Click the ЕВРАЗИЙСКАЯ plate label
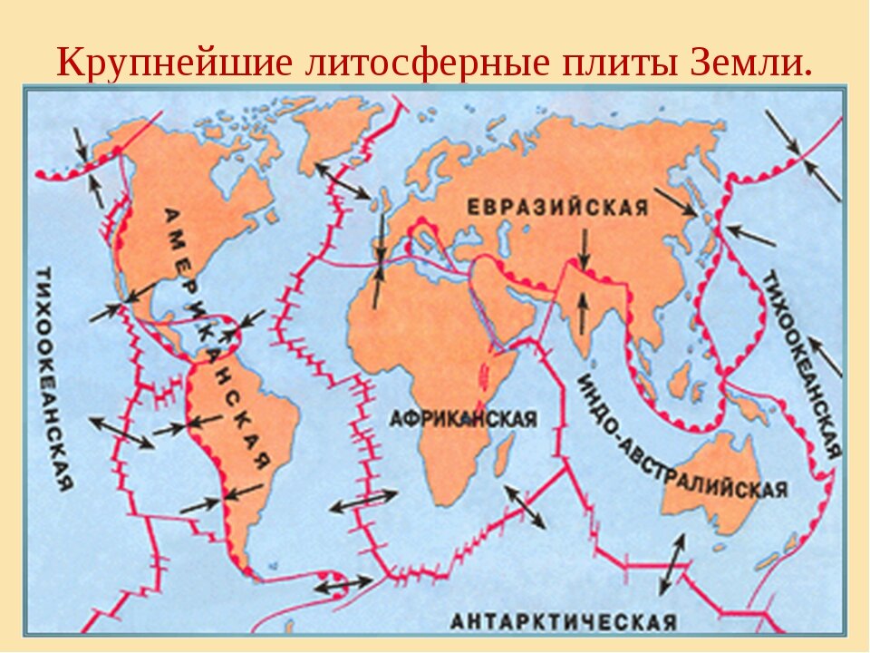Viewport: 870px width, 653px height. point(557,208)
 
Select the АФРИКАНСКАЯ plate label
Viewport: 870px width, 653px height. point(462,419)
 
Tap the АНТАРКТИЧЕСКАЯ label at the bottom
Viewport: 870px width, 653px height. point(563,622)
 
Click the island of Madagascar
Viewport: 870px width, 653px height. point(503,453)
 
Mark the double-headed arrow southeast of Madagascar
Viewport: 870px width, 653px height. point(526,507)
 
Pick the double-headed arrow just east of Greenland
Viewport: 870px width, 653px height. point(342,180)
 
